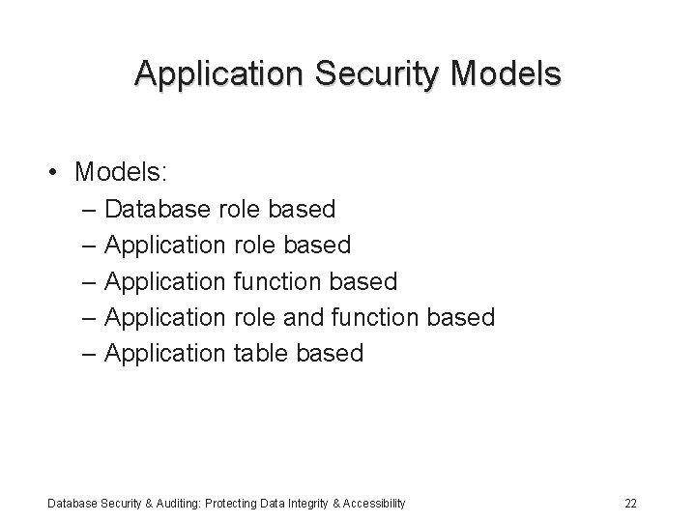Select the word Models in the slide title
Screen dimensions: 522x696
tap(505, 73)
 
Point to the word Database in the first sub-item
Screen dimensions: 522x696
tap(159, 208)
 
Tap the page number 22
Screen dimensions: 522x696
tap(630, 503)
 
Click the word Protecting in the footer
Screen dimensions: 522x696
tap(224, 503)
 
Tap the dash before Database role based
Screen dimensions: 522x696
tap(89, 209)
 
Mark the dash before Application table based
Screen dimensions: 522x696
tap(89, 354)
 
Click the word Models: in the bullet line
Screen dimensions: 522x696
tap(122, 173)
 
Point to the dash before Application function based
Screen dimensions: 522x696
tap(89, 281)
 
